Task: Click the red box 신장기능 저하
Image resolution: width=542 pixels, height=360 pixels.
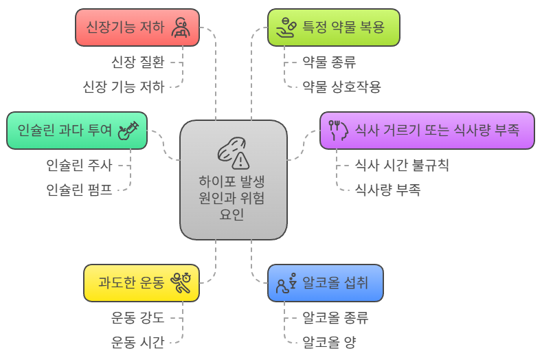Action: point(137,27)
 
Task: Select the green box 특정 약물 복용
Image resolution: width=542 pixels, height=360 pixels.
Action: point(333,27)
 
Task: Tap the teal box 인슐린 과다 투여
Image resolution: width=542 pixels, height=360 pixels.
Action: point(77,130)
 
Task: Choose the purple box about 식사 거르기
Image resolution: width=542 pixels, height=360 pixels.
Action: point(427,130)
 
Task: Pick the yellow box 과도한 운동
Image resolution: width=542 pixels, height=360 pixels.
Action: point(141,282)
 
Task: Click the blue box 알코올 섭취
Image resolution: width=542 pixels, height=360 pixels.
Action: point(325,282)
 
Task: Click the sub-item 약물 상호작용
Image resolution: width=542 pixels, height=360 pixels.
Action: point(341,87)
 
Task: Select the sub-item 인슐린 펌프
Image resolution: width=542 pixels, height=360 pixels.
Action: point(79,190)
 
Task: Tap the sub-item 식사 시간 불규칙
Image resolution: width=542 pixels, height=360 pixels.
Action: point(402,165)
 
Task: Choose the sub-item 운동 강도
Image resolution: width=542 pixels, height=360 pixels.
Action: point(137,317)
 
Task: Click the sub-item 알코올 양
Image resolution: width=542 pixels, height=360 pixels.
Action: point(329,342)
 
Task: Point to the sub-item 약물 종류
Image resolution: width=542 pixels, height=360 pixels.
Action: point(329,62)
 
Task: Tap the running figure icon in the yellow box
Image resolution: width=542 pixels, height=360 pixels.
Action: point(181,282)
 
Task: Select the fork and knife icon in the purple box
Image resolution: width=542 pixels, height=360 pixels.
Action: point(336,130)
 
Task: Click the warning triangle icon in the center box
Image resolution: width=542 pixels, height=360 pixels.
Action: point(240,161)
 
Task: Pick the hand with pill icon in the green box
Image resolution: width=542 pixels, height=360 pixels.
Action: point(285,27)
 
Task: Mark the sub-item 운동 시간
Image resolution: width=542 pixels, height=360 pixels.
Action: point(137,342)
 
